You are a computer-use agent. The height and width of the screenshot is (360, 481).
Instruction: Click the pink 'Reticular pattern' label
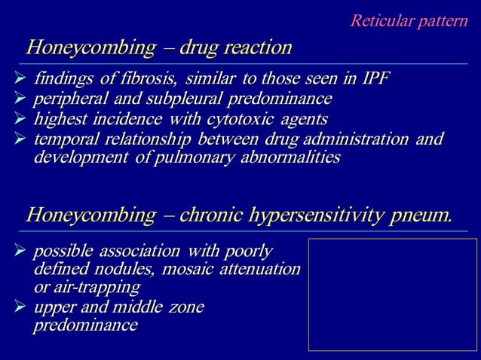coord(409,20)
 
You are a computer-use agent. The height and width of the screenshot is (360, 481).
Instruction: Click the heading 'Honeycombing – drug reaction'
coord(159,48)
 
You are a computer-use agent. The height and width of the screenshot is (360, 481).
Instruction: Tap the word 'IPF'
coord(373,79)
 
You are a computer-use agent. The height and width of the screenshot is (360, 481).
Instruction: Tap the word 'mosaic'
coord(185,269)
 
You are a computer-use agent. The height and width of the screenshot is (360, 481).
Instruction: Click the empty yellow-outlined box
coord(392,294)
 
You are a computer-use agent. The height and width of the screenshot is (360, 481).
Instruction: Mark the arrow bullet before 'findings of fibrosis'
coord(20,79)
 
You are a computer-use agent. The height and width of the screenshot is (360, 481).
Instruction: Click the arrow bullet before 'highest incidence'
coord(20,119)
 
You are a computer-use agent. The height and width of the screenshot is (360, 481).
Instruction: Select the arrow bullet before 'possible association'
coord(20,251)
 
